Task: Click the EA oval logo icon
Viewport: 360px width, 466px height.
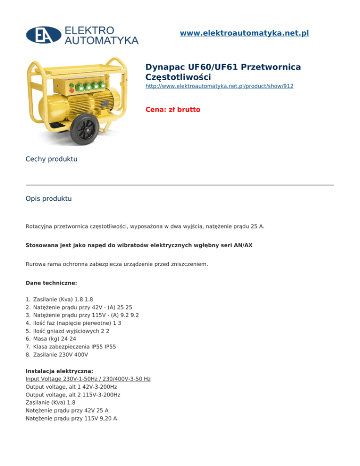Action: (43, 34)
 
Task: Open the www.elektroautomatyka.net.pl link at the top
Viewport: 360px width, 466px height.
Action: (244, 33)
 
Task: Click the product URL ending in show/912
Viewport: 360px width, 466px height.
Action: (219, 86)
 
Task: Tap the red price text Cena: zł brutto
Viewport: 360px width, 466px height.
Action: (172, 110)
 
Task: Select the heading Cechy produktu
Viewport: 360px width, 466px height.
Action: (51, 159)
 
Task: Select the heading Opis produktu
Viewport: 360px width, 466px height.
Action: (49, 199)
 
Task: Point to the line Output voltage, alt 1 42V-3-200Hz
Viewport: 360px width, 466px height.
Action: (71, 387)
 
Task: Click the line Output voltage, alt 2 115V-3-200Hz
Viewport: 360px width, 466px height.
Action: (73, 395)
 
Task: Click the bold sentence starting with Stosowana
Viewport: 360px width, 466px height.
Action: (139, 245)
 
